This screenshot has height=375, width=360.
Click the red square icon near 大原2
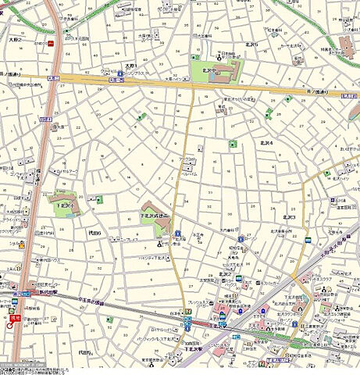[x=51, y=45]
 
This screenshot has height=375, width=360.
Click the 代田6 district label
[x=94, y=233]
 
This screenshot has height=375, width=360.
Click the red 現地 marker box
[x=14, y=318]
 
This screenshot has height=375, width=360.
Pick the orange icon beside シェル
[x=22, y=245]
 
